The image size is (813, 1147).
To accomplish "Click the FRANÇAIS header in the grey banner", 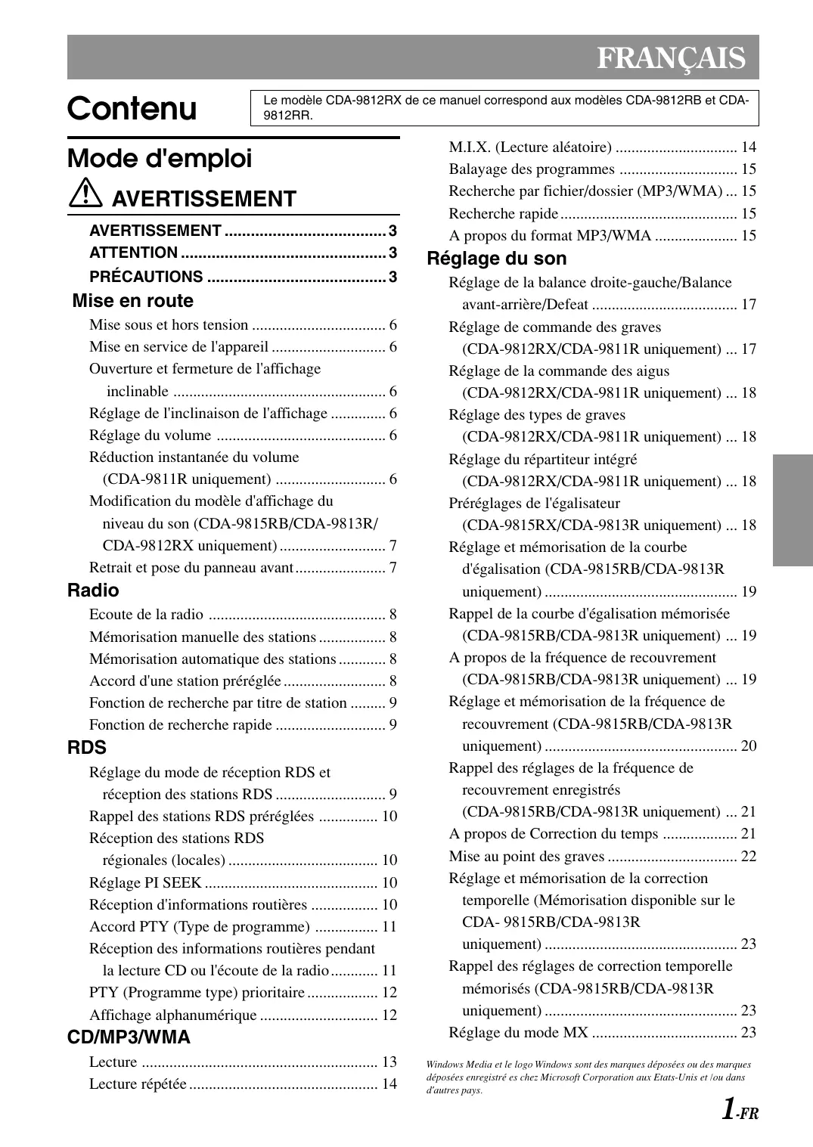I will coord(670,58).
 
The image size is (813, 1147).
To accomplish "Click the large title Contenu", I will coord(132,109).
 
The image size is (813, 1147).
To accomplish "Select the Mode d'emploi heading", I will coord(160,159).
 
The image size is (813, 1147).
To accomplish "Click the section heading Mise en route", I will coord(133,301).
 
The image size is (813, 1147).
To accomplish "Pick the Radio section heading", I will coord(93,591).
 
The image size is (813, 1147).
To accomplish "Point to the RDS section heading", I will coord(87,748).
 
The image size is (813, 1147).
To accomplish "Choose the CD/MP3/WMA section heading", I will coord(129,1037).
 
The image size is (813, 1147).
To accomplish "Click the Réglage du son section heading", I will coord(496,259).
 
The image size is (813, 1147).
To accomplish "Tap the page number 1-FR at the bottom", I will coord(738,1110).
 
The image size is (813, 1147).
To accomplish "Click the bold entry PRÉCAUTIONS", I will coord(146,277).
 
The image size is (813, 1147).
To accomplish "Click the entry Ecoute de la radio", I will coord(146,615).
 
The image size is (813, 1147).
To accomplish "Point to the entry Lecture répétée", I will coord(138,1083).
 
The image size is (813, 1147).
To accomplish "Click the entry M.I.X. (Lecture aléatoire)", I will coord(529,147).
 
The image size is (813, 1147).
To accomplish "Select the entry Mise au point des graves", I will coord(526,856).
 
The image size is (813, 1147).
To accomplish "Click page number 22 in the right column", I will coord(748,856).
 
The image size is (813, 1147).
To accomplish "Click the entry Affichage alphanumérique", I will coord(172,1015).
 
